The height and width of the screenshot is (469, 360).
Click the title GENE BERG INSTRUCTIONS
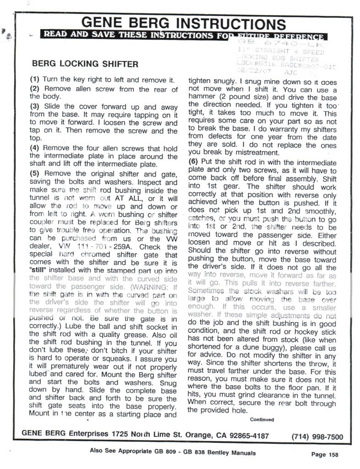(x=183, y=23)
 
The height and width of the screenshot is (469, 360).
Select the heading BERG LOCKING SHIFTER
(x=85, y=64)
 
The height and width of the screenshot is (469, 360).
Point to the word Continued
(x=262, y=419)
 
